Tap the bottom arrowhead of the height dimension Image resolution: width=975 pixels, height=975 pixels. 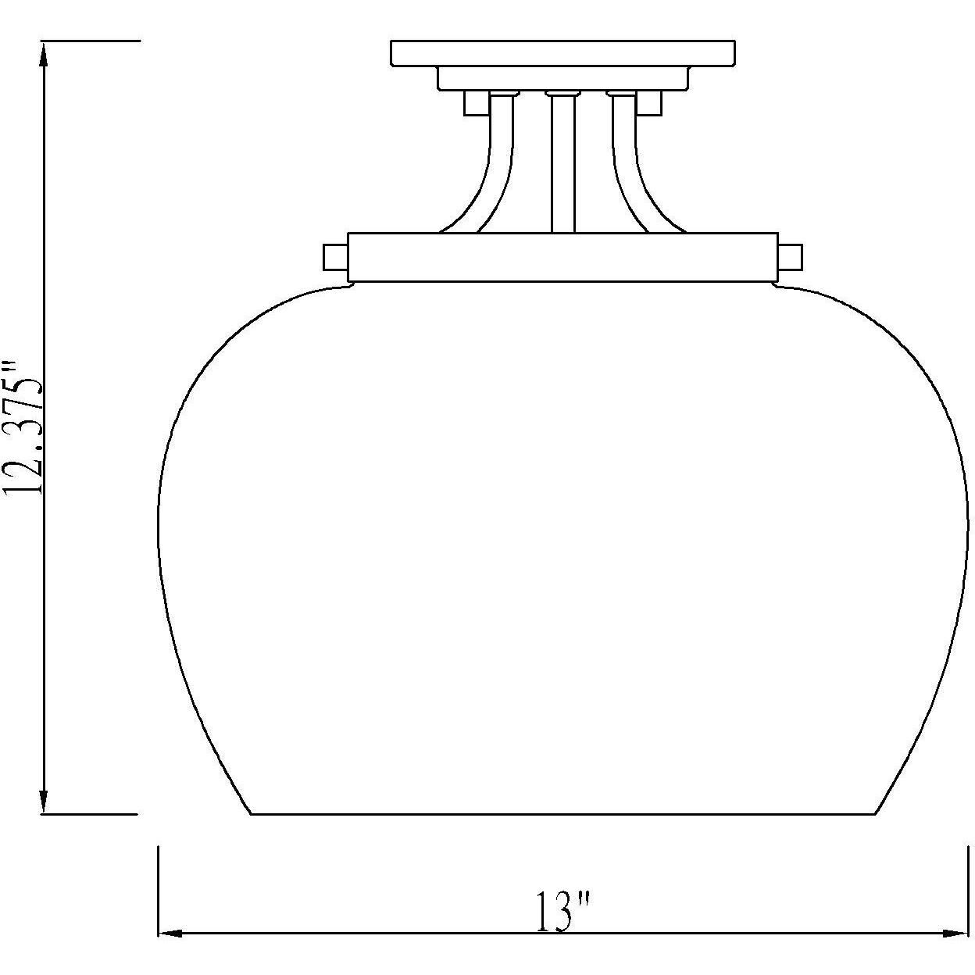point(44,802)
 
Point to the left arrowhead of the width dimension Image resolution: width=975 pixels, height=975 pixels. point(170,933)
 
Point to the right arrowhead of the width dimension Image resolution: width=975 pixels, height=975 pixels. point(957,933)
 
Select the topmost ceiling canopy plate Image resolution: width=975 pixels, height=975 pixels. point(562,53)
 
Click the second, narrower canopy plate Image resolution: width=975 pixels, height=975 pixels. point(562,79)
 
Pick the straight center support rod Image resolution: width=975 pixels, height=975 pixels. point(562,164)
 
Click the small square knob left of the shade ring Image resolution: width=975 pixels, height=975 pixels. point(335,256)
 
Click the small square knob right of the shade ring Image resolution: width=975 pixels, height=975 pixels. point(790,256)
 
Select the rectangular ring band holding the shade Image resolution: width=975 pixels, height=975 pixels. point(562,257)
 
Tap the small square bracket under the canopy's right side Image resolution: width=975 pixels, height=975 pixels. point(649,103)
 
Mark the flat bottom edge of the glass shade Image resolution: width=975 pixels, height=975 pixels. point(562,814)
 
